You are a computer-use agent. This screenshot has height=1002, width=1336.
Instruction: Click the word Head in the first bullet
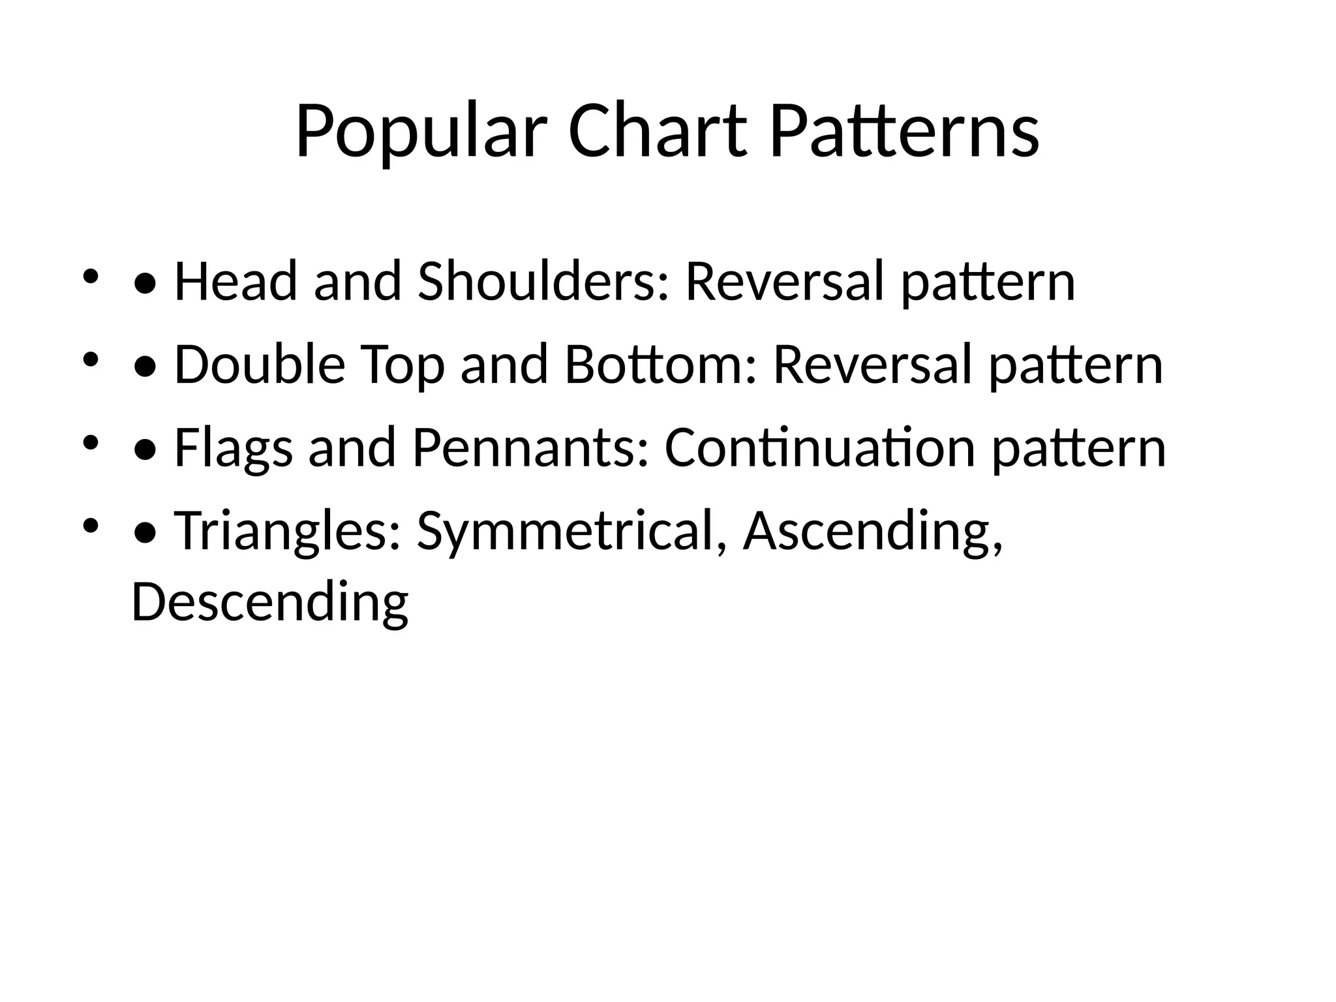point(235,281)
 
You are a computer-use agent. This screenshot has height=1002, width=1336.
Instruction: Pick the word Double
point(260,365)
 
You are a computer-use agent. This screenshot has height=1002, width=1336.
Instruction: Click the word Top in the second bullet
point(402,366)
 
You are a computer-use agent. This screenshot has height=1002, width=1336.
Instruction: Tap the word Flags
point(234,449)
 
